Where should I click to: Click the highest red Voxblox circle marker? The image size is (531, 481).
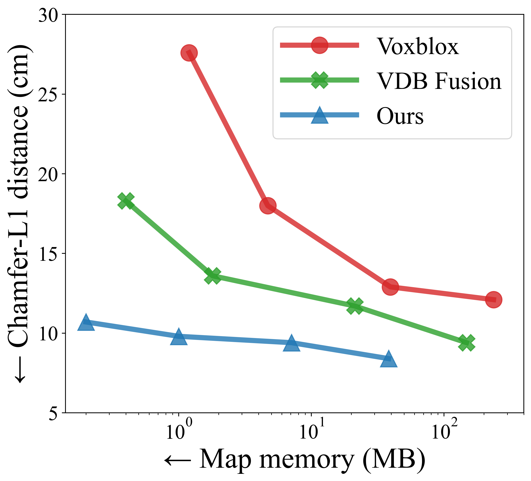189,53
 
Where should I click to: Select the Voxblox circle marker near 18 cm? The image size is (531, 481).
268,206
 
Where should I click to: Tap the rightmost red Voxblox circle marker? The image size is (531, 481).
494,300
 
